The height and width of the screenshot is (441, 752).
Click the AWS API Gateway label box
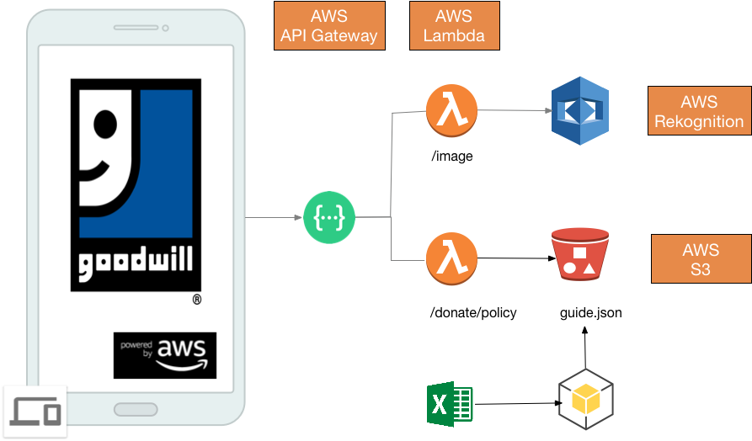(x=329, y=26)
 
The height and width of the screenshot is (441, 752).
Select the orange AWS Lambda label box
(x=454, y=26)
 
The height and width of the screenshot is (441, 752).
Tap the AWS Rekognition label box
(x=699, y=111)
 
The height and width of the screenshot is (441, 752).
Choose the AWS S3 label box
(x=701, y=260)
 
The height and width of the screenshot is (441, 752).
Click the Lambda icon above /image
(x=451, y=110)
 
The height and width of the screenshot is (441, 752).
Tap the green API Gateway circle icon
(x=329, y=218)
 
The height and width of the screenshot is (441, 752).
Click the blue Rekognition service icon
(x=579, y=110)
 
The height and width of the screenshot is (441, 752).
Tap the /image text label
(x=451, y=155)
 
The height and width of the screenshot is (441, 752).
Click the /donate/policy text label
(x=473, y=312)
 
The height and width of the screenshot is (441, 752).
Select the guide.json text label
(x=591, y=313)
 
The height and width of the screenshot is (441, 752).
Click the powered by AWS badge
(x=165, y=355)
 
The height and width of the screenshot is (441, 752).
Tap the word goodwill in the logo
(x=135, y=264)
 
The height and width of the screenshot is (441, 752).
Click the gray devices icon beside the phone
(x=36, y=411)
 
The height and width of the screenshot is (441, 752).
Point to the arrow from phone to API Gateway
(x=274, y=218)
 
